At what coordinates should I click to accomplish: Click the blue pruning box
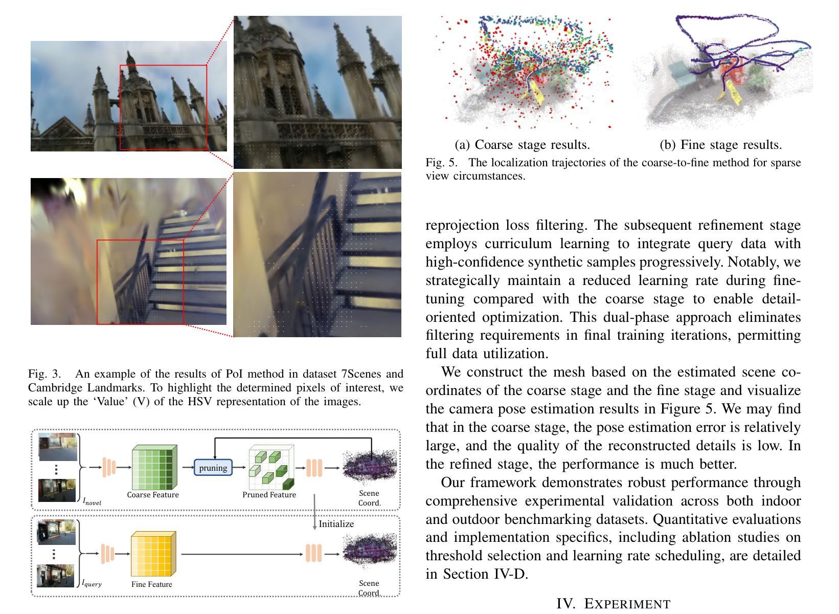pos(213,468)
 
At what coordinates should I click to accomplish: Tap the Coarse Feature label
pos(153,495)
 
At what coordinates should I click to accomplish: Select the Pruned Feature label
pos(269,495)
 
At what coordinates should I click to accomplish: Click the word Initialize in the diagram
pos(336,524)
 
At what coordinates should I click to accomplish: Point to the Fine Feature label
pos(151,584)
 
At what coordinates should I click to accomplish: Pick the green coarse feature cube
pos(154,468)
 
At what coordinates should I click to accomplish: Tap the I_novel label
pos(92,502)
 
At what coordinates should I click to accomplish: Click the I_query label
pos(92,583)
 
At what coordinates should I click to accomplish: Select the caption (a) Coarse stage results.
pos(522,145)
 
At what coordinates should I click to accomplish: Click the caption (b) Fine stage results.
pos(720,145)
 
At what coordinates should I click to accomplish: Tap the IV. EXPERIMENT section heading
pos(613,604)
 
